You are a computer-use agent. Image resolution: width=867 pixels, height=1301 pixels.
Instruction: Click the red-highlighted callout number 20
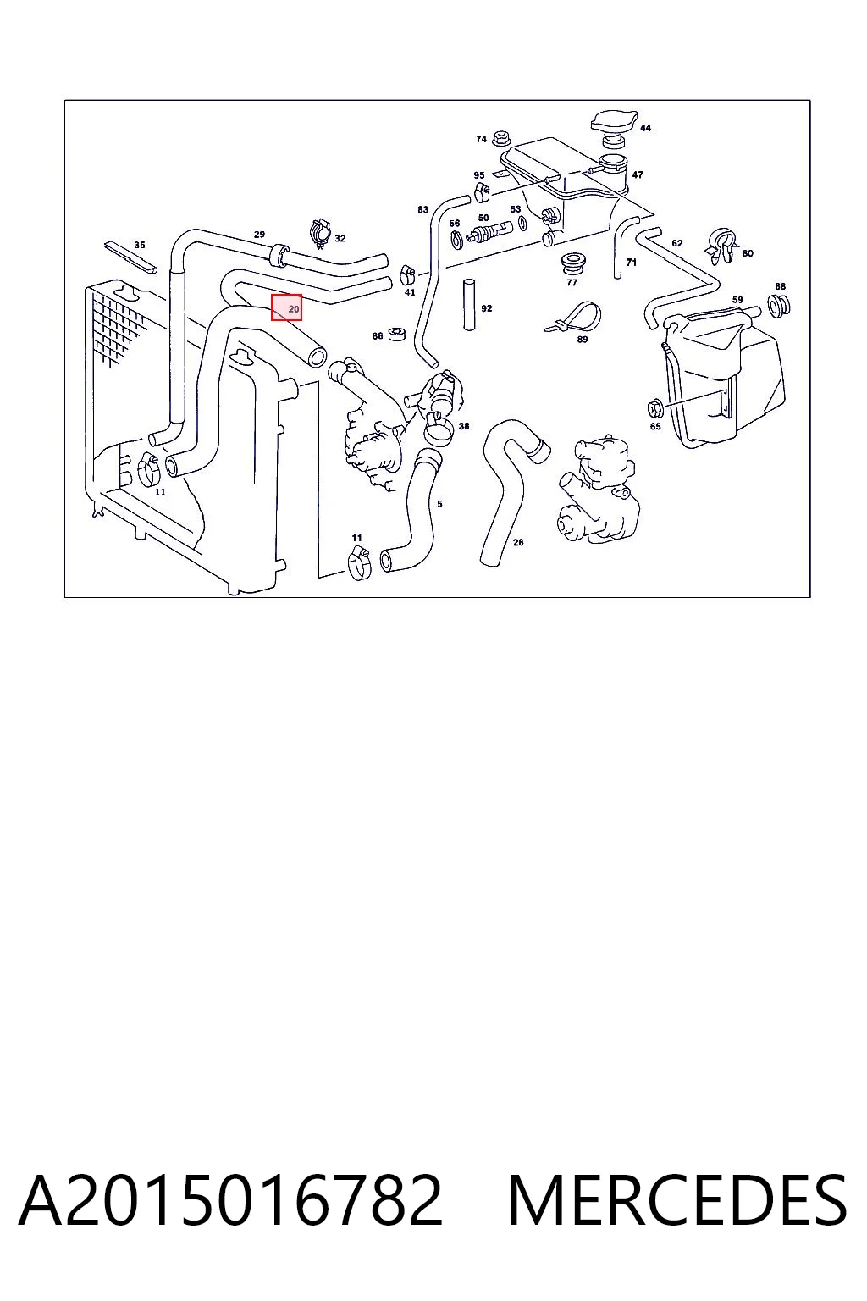tap(294, 309)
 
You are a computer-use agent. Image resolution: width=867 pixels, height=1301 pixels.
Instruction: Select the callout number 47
tap(637, 174)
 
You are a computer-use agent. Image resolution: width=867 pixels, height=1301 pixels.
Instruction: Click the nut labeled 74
tap(500, 139)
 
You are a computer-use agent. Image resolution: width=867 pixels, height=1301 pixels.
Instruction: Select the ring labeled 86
tap(397, 335)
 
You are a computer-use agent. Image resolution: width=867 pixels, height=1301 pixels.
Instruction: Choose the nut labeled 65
tap(655, 408)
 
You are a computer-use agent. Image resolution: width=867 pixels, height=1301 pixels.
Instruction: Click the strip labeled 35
tap(130, 257)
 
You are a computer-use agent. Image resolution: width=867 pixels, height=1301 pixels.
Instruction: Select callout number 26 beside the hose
tap(518, 542)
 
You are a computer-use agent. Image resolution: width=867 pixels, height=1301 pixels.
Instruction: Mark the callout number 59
tap(737, 300)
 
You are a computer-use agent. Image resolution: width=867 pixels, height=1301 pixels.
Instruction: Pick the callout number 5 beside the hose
tap(439, 504)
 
